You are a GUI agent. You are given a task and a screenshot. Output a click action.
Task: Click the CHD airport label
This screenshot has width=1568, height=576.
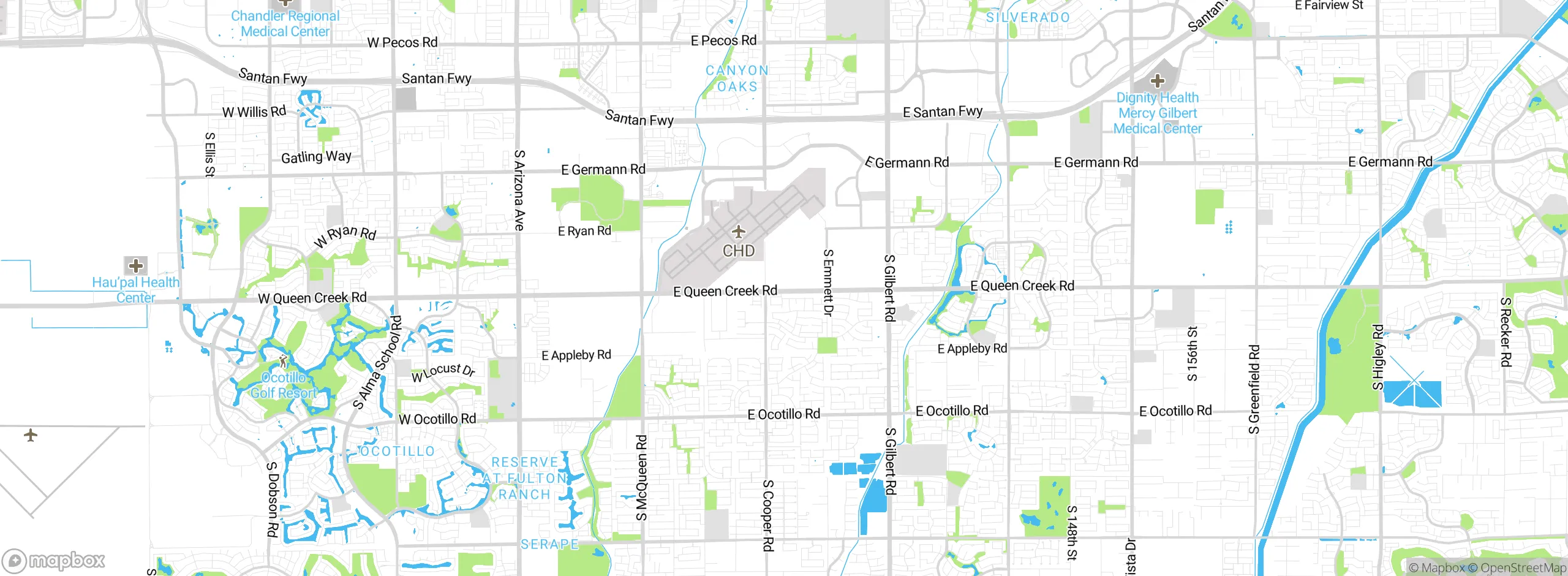click(x=739, y=251)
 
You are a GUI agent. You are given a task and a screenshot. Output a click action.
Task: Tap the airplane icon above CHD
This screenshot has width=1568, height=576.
click(x=739, y=232)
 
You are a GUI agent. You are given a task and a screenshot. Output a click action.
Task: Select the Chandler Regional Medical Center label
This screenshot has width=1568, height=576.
click(x=285, y=24)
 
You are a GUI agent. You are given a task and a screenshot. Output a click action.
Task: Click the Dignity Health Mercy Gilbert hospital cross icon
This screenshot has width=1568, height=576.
click(x=1157, y=80)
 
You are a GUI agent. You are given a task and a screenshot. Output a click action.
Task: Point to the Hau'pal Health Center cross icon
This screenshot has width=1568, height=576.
click(x=136, y=265)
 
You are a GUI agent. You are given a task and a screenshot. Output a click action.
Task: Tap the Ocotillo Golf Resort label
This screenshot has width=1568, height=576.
click(x=284, y=385)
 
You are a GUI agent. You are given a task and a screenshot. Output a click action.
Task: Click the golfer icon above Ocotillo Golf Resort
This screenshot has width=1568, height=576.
click(x=283, y=361)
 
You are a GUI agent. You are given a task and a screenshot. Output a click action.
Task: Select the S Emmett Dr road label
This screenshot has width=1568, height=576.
click(x=828, y=282)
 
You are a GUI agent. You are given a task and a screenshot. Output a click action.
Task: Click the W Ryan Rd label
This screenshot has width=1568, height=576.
click(x=345, y=236)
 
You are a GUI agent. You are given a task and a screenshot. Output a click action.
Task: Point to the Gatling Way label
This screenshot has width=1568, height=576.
click(x=316, y=157)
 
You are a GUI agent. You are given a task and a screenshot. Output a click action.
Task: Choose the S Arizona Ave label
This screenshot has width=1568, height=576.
click(x=519, y=190)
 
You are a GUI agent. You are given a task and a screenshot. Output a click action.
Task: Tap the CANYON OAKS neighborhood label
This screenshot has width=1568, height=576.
click(x=737, y=78)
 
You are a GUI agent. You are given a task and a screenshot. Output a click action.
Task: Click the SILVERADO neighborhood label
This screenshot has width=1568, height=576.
click(x=1028, y=18)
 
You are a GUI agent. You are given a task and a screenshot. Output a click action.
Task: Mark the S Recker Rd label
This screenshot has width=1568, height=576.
click(x=1506, y=332)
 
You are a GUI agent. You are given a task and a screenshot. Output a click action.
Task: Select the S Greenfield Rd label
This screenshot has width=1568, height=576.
click(x=1254, y=389)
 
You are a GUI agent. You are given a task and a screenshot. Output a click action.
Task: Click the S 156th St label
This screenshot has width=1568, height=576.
click(x=1192, y=354)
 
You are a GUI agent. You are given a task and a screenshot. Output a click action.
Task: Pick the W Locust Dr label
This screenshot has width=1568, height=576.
click(x=443, y=372)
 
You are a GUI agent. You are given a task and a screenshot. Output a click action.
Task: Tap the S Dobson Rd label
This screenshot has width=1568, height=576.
click(x=272, y=499)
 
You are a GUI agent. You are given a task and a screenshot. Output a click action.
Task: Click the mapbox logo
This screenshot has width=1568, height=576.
click(x=54, y=560)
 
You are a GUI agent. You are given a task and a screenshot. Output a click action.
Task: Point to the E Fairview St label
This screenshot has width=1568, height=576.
click(x=1329, y=6)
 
